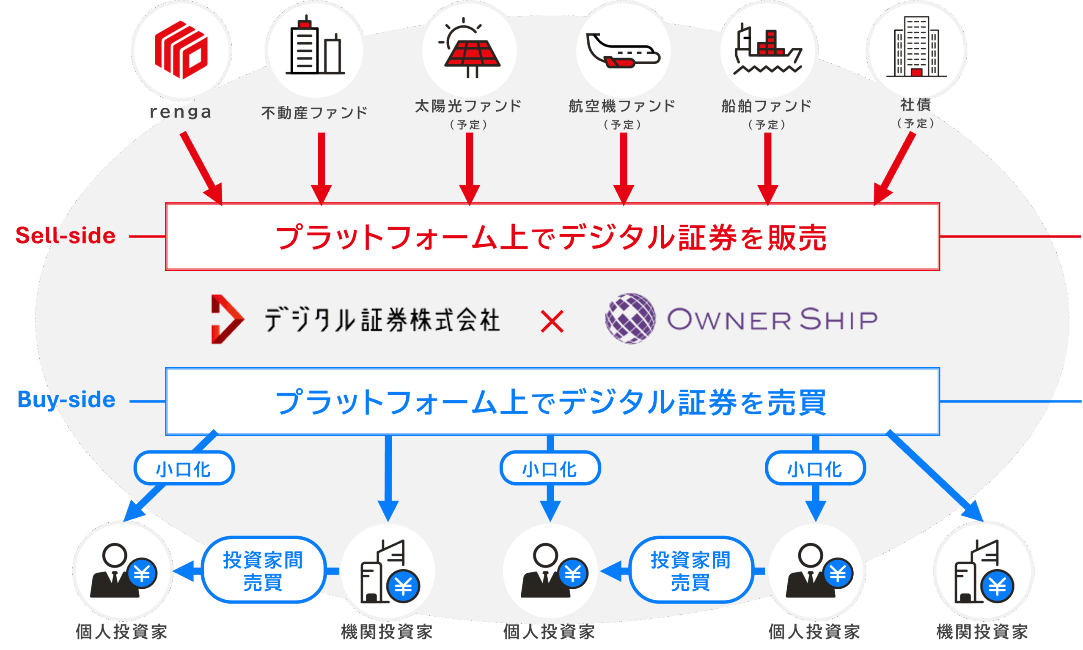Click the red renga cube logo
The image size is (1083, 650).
pos(181,49)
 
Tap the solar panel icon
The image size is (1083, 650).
pos(470,48)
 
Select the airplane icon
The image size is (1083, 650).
pos(623,51)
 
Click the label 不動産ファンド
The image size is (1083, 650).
pos(314,113)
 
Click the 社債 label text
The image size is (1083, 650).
pos(916,105)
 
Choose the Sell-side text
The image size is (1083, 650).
pos(66,236)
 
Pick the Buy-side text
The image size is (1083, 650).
pos(67,400)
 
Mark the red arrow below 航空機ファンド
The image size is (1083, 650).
pos(624,169)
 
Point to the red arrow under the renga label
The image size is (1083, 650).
pos(202,168)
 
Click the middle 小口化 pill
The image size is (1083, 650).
pos(550,468)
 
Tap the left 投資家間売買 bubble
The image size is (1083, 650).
pos(263,570)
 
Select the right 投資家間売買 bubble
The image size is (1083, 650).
pos(690,570)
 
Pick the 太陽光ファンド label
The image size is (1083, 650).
pos(468,106)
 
